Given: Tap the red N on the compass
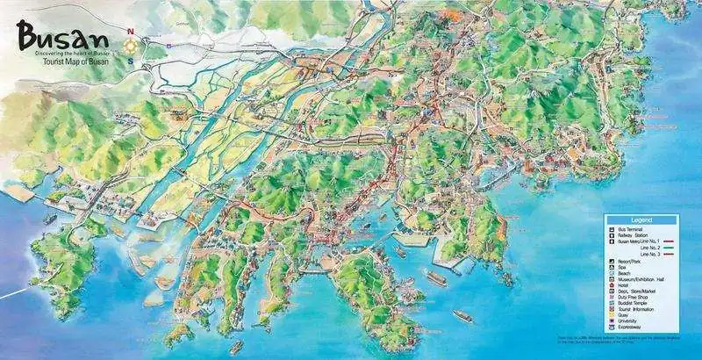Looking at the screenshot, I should coord(131,32).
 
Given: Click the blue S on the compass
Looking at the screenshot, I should coord(131,61).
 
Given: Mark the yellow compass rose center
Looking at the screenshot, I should coord(131,47).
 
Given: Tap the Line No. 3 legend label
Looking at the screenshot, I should coord(647,255).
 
